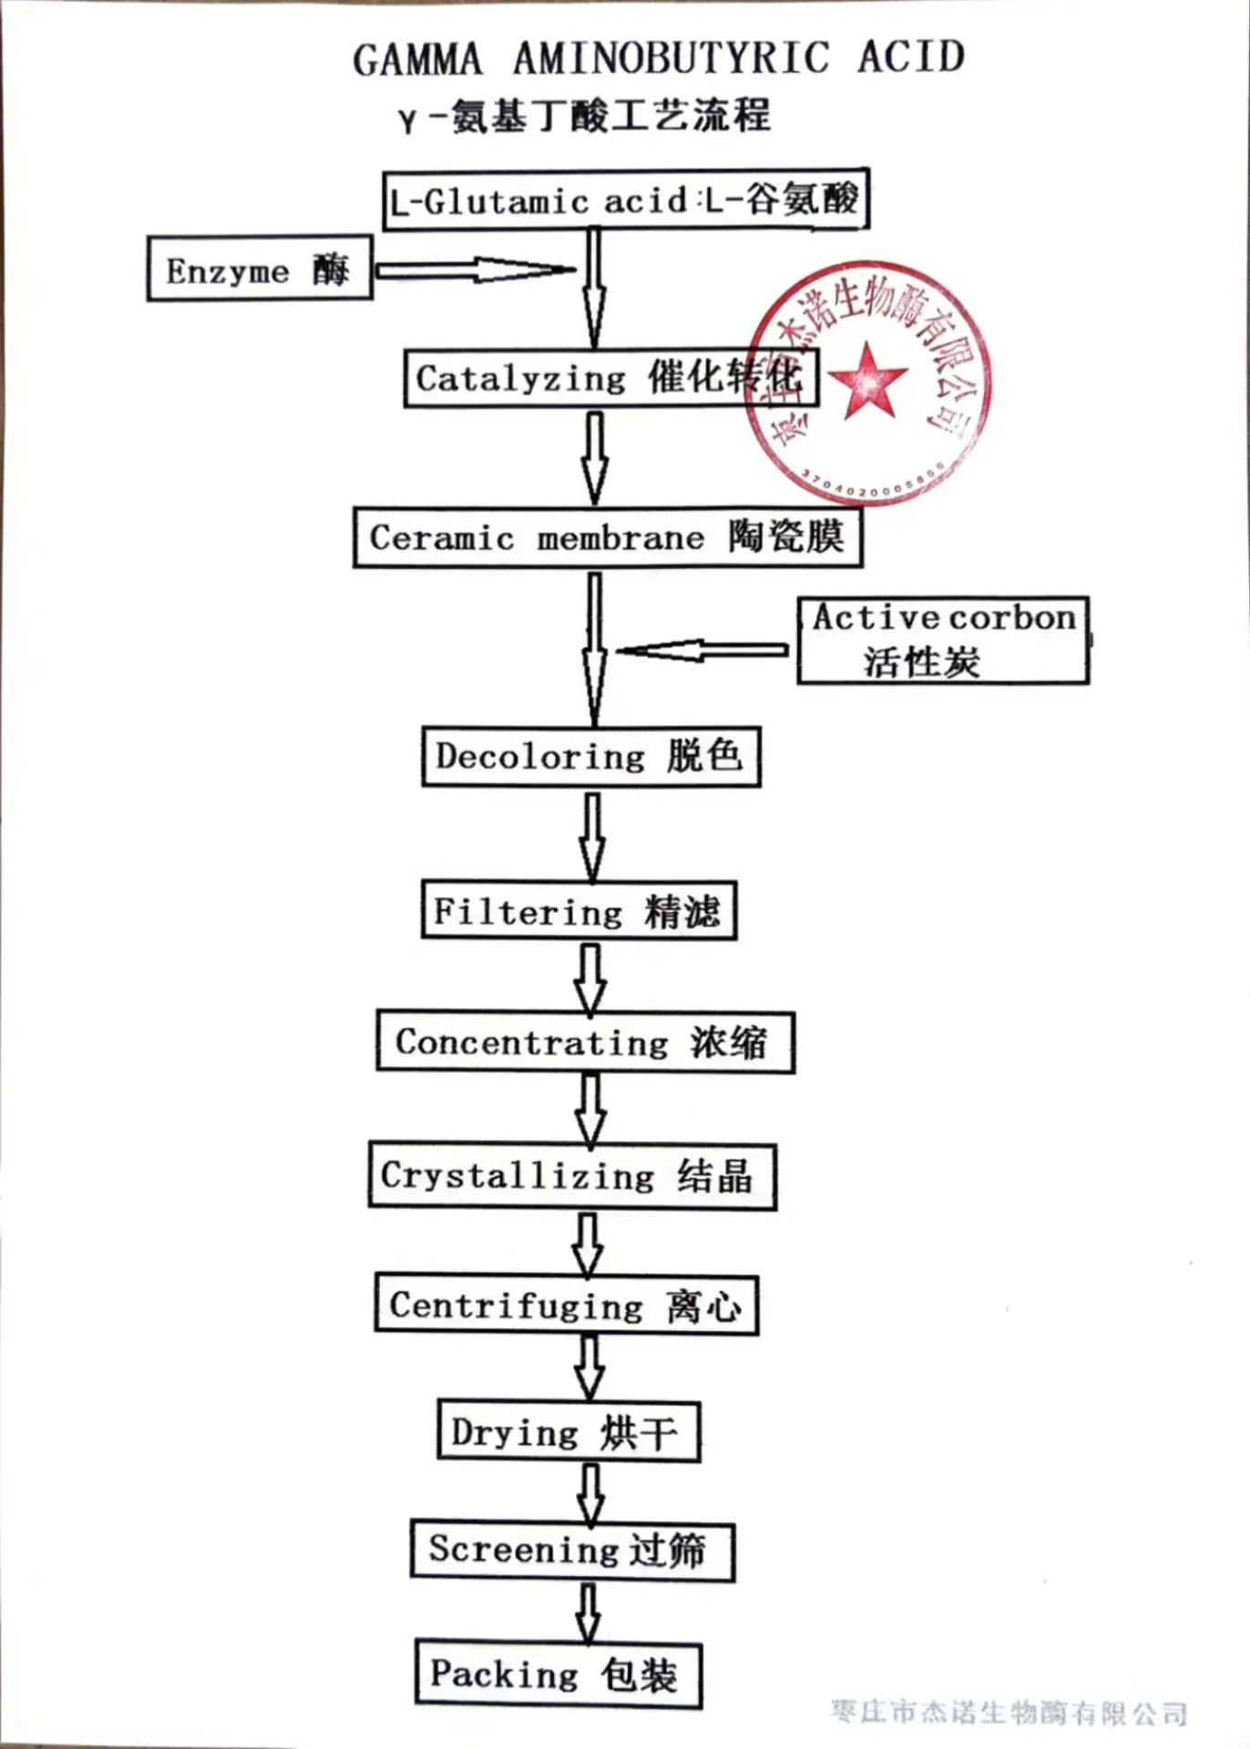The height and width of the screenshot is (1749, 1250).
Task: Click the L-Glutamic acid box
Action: [x=626, y=199]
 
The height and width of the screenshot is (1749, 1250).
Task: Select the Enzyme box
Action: [x=260, y=269]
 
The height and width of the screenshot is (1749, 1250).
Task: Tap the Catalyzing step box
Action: [x=611, y=377]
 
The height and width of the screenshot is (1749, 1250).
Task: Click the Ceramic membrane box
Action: [x=608, y=537]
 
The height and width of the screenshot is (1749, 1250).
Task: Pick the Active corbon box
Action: [x=943, y=640]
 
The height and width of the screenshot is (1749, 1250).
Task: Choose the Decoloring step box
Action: [x=590, y=756]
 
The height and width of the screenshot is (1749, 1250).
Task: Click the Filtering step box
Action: [x=579, y=910]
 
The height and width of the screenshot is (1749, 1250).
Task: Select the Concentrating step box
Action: [x=586, y=1042]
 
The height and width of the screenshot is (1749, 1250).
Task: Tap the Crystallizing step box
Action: [x=572, y=1175]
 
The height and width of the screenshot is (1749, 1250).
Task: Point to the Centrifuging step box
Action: [x=567, y=1305]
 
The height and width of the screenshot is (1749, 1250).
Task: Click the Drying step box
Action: [x=569, y=1432]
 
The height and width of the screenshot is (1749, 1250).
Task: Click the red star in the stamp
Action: [x=868, y=381]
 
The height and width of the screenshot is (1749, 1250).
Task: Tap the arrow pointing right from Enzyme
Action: [x=476, y=270]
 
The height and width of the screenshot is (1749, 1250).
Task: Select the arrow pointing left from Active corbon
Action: [x=702, y=649]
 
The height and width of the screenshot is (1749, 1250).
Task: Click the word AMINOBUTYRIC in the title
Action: [x=671, y=58]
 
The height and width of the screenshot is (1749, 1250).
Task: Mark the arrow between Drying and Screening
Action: [x=590, y=1493]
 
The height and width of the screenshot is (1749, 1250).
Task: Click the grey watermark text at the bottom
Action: [x=1009, y=1713]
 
